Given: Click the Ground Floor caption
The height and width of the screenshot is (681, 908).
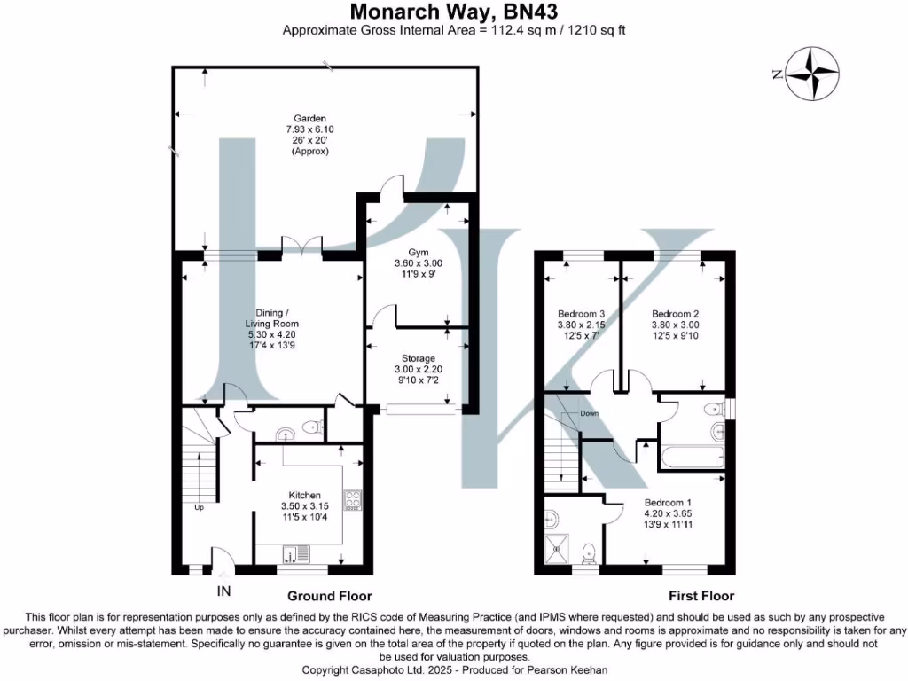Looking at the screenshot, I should [x=329, y=596].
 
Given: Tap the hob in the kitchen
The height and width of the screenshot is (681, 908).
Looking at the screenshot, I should [x=352, y=501].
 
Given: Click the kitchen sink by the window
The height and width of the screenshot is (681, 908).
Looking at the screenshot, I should [x=295, y=556].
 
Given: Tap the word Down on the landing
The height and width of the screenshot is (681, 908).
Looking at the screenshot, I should [x=590, y=414].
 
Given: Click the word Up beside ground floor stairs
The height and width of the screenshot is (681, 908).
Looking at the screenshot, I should [x=200, y=508].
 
